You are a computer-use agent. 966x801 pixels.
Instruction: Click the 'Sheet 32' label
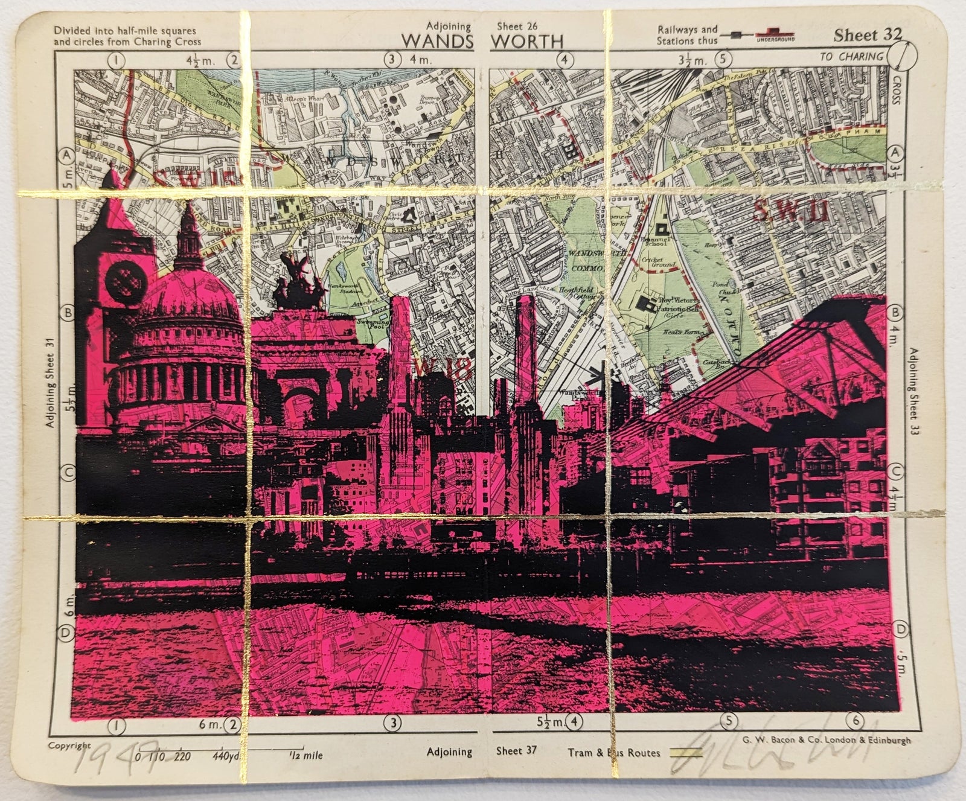tap(867, 35)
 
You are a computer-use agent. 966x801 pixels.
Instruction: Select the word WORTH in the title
tap(527, 41)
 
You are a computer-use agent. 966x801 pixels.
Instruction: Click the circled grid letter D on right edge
tap(900, 630)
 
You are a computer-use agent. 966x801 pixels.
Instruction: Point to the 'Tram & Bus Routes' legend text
tap(613, 753)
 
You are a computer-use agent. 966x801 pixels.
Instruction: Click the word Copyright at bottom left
tap(69, 745)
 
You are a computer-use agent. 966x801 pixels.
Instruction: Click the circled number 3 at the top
tap(393, 59)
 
